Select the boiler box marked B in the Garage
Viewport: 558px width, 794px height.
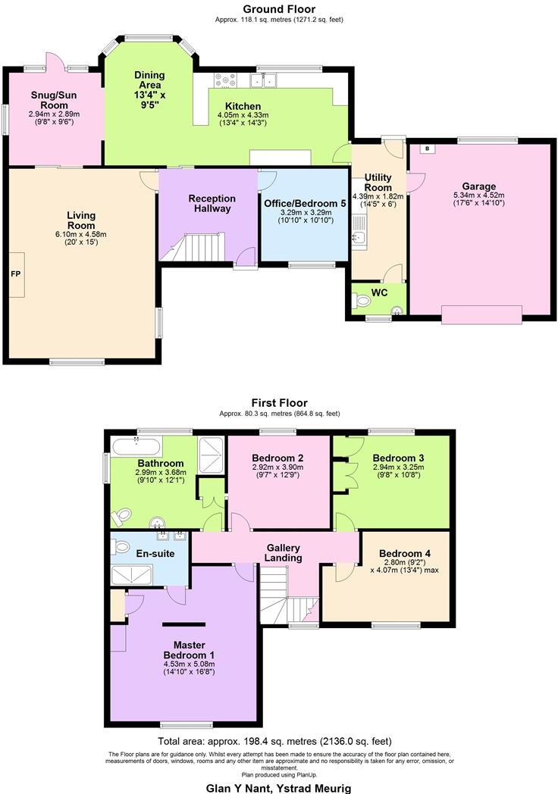(427, 149)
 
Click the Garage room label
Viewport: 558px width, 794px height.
(479, 186)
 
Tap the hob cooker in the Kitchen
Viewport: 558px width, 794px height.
(226, 80)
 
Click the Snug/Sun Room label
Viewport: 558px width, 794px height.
(54, 100)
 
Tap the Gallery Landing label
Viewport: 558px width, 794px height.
(283, 553)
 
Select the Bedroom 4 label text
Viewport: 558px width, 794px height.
(404, 553)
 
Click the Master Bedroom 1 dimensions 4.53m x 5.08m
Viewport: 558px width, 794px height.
(190, 664)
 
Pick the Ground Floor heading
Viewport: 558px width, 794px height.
(278, 9)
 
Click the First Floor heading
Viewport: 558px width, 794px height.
(279, 403)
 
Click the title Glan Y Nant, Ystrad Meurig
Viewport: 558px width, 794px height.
(278, 787)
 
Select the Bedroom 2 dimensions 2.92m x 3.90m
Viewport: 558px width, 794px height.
(278, 468)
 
